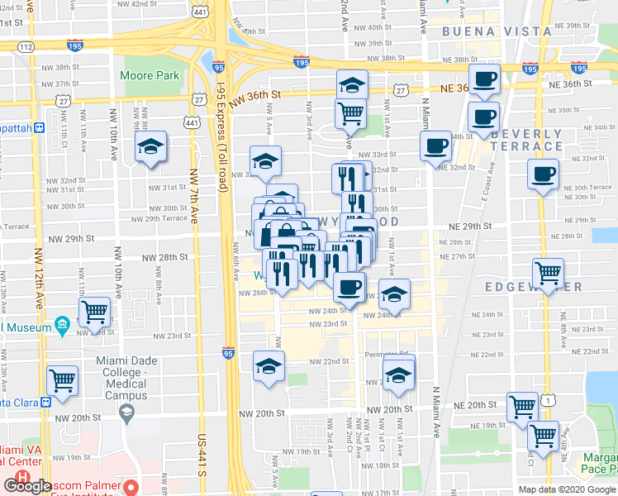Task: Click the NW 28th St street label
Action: click(160, 258)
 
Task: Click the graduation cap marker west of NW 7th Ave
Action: click(150, 147)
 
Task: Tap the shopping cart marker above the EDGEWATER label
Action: click(548, 272)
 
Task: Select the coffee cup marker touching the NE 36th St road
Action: click(485, 80)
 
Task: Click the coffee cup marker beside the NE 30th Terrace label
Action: click(543, 174)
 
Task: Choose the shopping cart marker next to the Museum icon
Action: click(95, 312)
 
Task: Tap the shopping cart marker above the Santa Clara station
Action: click(63, 381)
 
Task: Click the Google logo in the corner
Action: click(27, 486)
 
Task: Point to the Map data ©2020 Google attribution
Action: click(566, 489)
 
